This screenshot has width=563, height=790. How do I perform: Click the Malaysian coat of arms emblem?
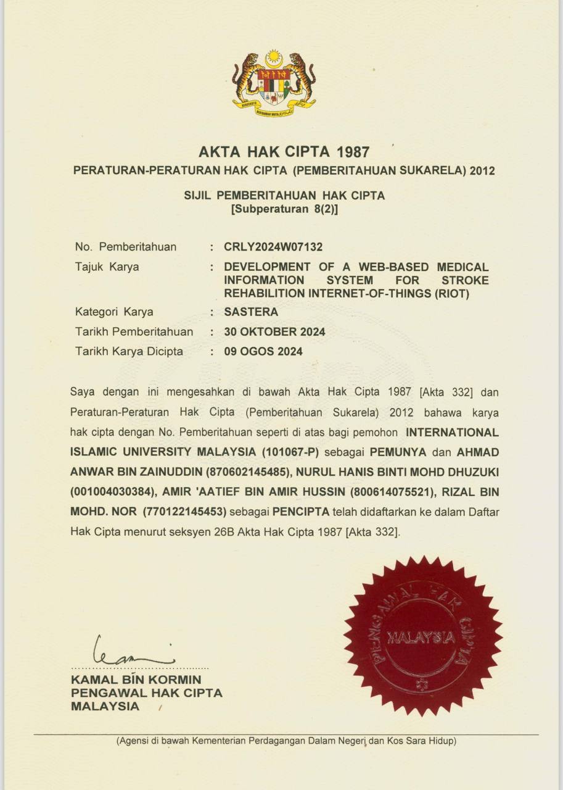274,82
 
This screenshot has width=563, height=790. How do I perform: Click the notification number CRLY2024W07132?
273,247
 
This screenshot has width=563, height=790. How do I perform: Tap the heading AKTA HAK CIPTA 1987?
284,152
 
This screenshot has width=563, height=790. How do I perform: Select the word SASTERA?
251,312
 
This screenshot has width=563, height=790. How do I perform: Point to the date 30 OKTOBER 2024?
275,331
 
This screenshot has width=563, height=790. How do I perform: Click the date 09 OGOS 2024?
263,351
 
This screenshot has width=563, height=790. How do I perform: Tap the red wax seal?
422,636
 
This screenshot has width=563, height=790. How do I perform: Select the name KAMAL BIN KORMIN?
136,680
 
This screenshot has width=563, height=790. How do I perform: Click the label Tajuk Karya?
107,267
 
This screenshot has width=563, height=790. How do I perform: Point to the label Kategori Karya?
114,312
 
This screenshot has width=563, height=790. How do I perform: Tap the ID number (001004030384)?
111,493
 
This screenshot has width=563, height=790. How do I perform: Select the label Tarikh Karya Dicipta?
129,351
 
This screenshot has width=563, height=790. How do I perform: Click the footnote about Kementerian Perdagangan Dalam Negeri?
286,741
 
